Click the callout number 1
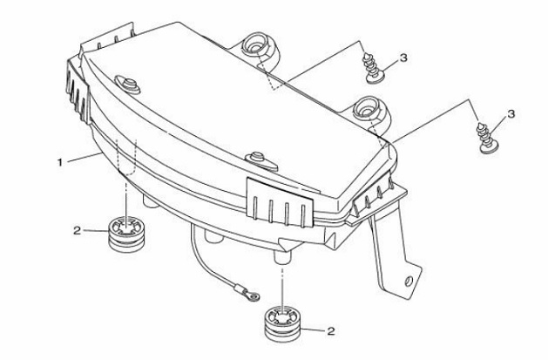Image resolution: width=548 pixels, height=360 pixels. (x=60, y=162)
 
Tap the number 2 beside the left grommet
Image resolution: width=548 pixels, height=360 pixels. (x=77, y=231)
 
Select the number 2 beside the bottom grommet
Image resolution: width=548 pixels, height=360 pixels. (x=330, y=330)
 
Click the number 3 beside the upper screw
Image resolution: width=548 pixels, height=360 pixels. (x=403, y=58)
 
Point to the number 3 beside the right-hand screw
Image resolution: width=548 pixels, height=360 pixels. (x=511, y=114)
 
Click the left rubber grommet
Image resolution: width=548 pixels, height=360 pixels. (x=125, y=234)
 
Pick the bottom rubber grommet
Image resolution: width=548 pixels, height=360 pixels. (x=282, y=324)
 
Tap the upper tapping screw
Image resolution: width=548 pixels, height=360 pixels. (x=373, y=68)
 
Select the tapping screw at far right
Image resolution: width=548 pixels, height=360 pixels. (x=486, y=139)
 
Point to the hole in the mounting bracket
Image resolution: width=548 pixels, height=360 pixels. (x=409, y=281)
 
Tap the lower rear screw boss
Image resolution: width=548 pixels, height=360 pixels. (x=371, y=112)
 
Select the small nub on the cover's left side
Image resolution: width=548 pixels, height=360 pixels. (x=128, y=85)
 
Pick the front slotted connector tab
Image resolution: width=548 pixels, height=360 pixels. (x=280, y=202)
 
